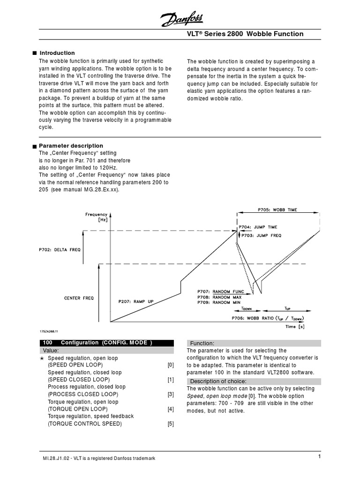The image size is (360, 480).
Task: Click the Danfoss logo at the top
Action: click(x=182, y=19)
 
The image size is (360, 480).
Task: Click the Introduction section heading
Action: click(x=57, y=53)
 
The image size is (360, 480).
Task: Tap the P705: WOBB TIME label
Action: click(x=277, y=210)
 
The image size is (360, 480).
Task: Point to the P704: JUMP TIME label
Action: click(x=258, y=227)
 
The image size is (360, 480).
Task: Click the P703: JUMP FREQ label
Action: click(x=261, y=235)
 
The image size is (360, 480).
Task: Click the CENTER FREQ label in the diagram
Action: click(x=79, y=298)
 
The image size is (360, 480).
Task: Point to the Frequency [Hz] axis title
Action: click(x=96, y=217)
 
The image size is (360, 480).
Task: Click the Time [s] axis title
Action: click(x=295, y=327)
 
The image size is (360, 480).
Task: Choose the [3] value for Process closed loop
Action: click(x=171, y=394)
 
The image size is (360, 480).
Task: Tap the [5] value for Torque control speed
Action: click(x=171, y=424)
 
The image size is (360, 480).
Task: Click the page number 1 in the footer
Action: click(x=318, y=457)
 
